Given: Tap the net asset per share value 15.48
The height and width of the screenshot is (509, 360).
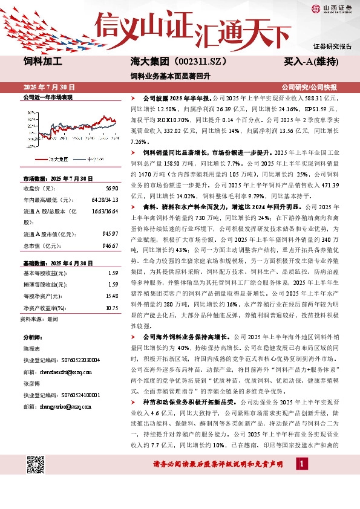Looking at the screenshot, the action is pos(111,296).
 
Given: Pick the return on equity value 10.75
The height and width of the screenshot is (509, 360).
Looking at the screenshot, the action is pos(111,308).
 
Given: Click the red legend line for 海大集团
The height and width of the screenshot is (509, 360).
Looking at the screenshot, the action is pos(42,160).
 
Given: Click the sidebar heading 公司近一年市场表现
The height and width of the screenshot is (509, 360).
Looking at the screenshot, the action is pos(47,97).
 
